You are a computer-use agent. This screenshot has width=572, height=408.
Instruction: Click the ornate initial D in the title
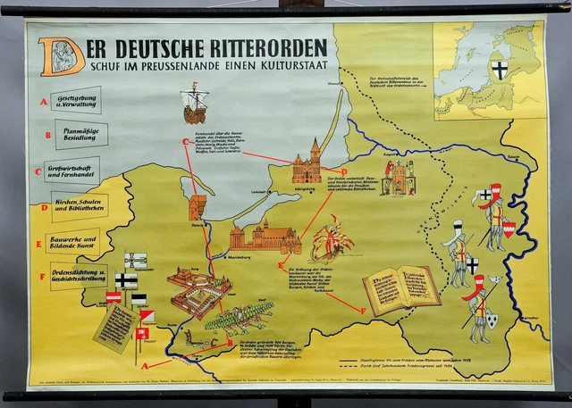62,54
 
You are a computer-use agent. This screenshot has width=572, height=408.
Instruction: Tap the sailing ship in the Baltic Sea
194,103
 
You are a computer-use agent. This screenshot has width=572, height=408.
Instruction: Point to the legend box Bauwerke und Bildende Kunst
81,242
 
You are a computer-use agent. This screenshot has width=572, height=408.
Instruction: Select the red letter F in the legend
42,277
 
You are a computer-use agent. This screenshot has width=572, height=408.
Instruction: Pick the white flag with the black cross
126,279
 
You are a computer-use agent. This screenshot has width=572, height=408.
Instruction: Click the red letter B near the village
229,342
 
